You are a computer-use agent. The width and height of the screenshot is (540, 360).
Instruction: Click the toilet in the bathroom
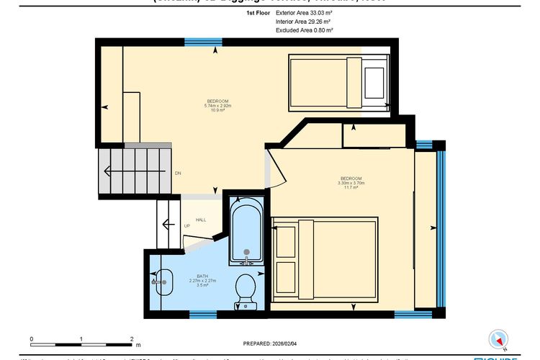pos(246,289)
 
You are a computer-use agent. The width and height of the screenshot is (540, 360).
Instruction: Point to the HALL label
pos(201,220)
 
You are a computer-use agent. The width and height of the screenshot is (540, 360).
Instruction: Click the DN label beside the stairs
pos(178,174)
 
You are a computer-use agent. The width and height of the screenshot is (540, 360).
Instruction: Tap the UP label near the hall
pos(186,226)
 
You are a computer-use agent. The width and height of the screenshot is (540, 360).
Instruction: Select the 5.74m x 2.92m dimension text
pos(217,106)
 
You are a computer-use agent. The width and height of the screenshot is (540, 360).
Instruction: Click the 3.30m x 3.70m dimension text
pos(351,183)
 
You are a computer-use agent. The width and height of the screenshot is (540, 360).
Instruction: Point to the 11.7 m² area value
pos(351,188)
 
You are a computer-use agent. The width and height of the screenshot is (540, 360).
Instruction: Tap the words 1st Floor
pos(258,13)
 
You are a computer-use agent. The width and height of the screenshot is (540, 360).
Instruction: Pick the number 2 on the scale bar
pos(132,338)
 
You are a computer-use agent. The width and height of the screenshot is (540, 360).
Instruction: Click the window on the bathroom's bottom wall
pos(202,314)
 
